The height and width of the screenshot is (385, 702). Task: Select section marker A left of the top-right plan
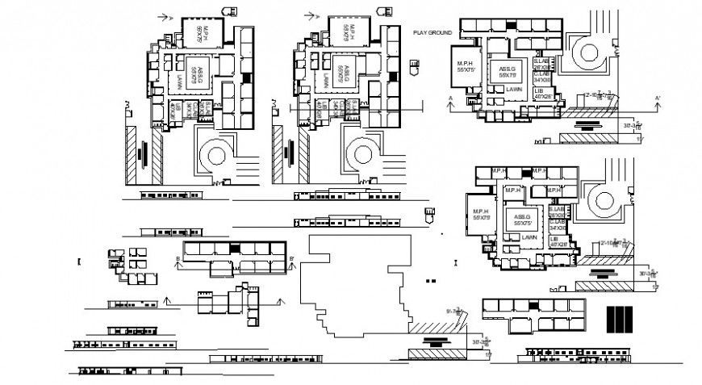pos(449,100)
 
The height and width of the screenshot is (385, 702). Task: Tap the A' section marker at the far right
pos(658,100)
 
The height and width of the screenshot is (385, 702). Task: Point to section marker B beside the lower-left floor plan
pos(177,260)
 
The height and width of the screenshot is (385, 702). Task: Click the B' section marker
pos(291,260)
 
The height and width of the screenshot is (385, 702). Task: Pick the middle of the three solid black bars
pos(619,320)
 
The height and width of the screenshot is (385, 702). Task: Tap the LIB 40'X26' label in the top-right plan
pos(542,94)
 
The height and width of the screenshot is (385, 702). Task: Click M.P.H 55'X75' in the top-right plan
pos(466,67)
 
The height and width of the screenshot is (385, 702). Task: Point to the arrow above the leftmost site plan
pos(166,15)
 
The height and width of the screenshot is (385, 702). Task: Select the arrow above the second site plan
pos(307,15)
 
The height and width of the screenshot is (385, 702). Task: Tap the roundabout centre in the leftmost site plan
pos(216,155)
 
